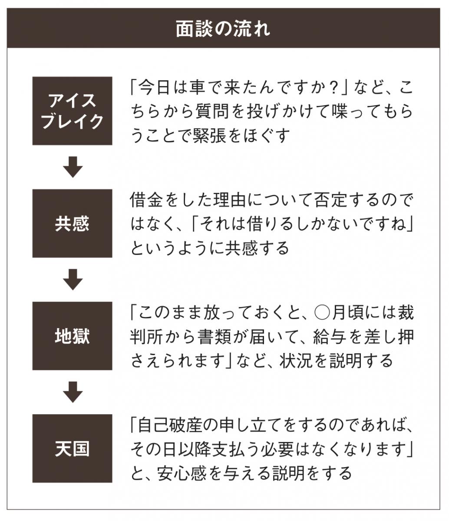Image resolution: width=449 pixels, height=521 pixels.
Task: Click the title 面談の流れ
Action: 223,29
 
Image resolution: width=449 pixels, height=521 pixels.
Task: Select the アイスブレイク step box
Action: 73,111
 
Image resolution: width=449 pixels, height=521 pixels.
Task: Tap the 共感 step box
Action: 73,223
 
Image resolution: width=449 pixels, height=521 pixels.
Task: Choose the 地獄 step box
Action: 73,336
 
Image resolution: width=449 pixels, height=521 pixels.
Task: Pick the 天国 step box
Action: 73,448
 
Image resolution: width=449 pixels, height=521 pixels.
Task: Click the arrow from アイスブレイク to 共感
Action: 73,167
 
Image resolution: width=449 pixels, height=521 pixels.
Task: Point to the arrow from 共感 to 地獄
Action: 73,280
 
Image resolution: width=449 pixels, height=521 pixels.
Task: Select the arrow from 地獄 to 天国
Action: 73,392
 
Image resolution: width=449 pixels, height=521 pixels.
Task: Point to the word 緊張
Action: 209,135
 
